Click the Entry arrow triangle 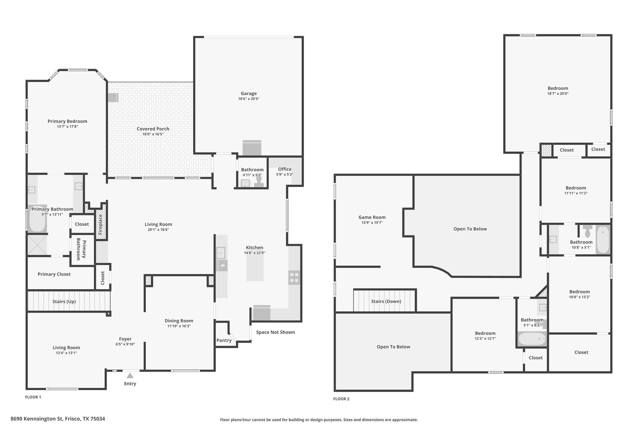coord(130,375)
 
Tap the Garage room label coord(249,93)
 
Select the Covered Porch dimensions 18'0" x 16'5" coord(153,134)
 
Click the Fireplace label coord(100,224)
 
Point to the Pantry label coord(224,340)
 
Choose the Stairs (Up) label coord(64,301)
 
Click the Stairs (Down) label coord(386,301)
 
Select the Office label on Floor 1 coord(285,169)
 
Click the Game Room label coord(372,217)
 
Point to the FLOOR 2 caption coord(341,399)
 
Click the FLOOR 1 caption coord(33,397)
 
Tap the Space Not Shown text coord(275,332)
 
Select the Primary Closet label coord(54,274)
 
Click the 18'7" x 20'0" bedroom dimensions coord(558,93)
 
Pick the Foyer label coord(125,339)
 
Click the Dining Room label coord(179,321)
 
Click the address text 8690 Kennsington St coord(37,419)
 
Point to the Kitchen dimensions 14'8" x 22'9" coord(255,253)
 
